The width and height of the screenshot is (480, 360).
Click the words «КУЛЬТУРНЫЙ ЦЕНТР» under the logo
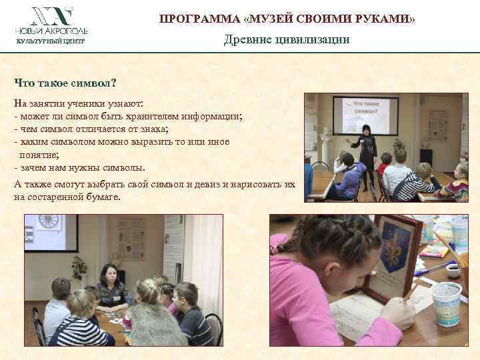51,41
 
